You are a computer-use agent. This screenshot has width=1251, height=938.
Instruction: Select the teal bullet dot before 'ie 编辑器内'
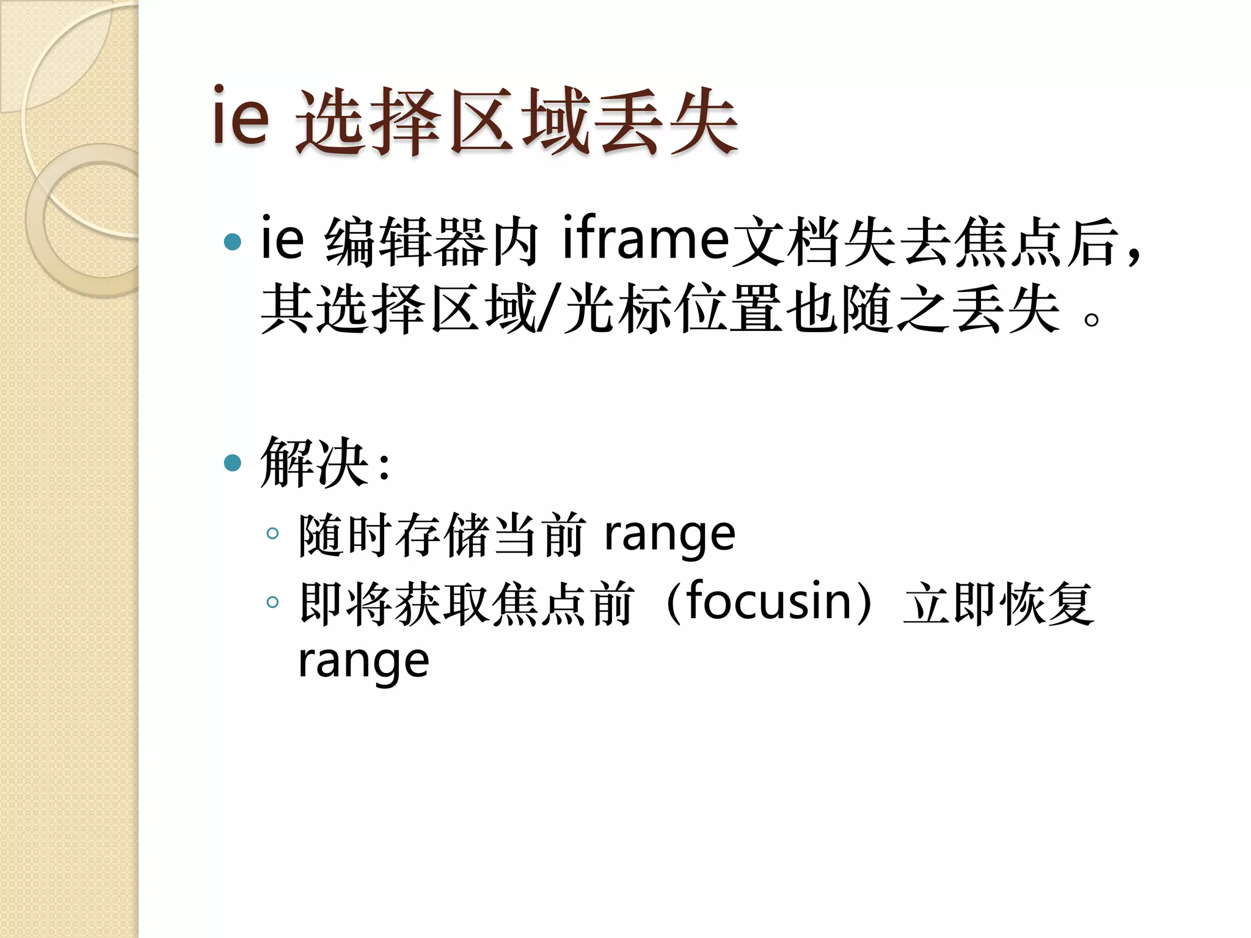(x=233, y=242)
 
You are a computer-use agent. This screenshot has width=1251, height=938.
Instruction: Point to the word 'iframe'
(x=645, y=238)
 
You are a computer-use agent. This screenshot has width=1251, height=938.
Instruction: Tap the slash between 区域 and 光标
(x=548, y=310)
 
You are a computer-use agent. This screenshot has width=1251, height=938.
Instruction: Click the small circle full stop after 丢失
(x=1091, y=319)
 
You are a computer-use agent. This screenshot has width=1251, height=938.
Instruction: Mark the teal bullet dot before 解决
(x=233, y=463)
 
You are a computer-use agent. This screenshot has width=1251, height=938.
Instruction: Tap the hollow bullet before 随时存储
(x=272, y=534)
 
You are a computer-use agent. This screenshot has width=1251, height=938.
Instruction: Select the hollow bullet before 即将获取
(x=272, y=602)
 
